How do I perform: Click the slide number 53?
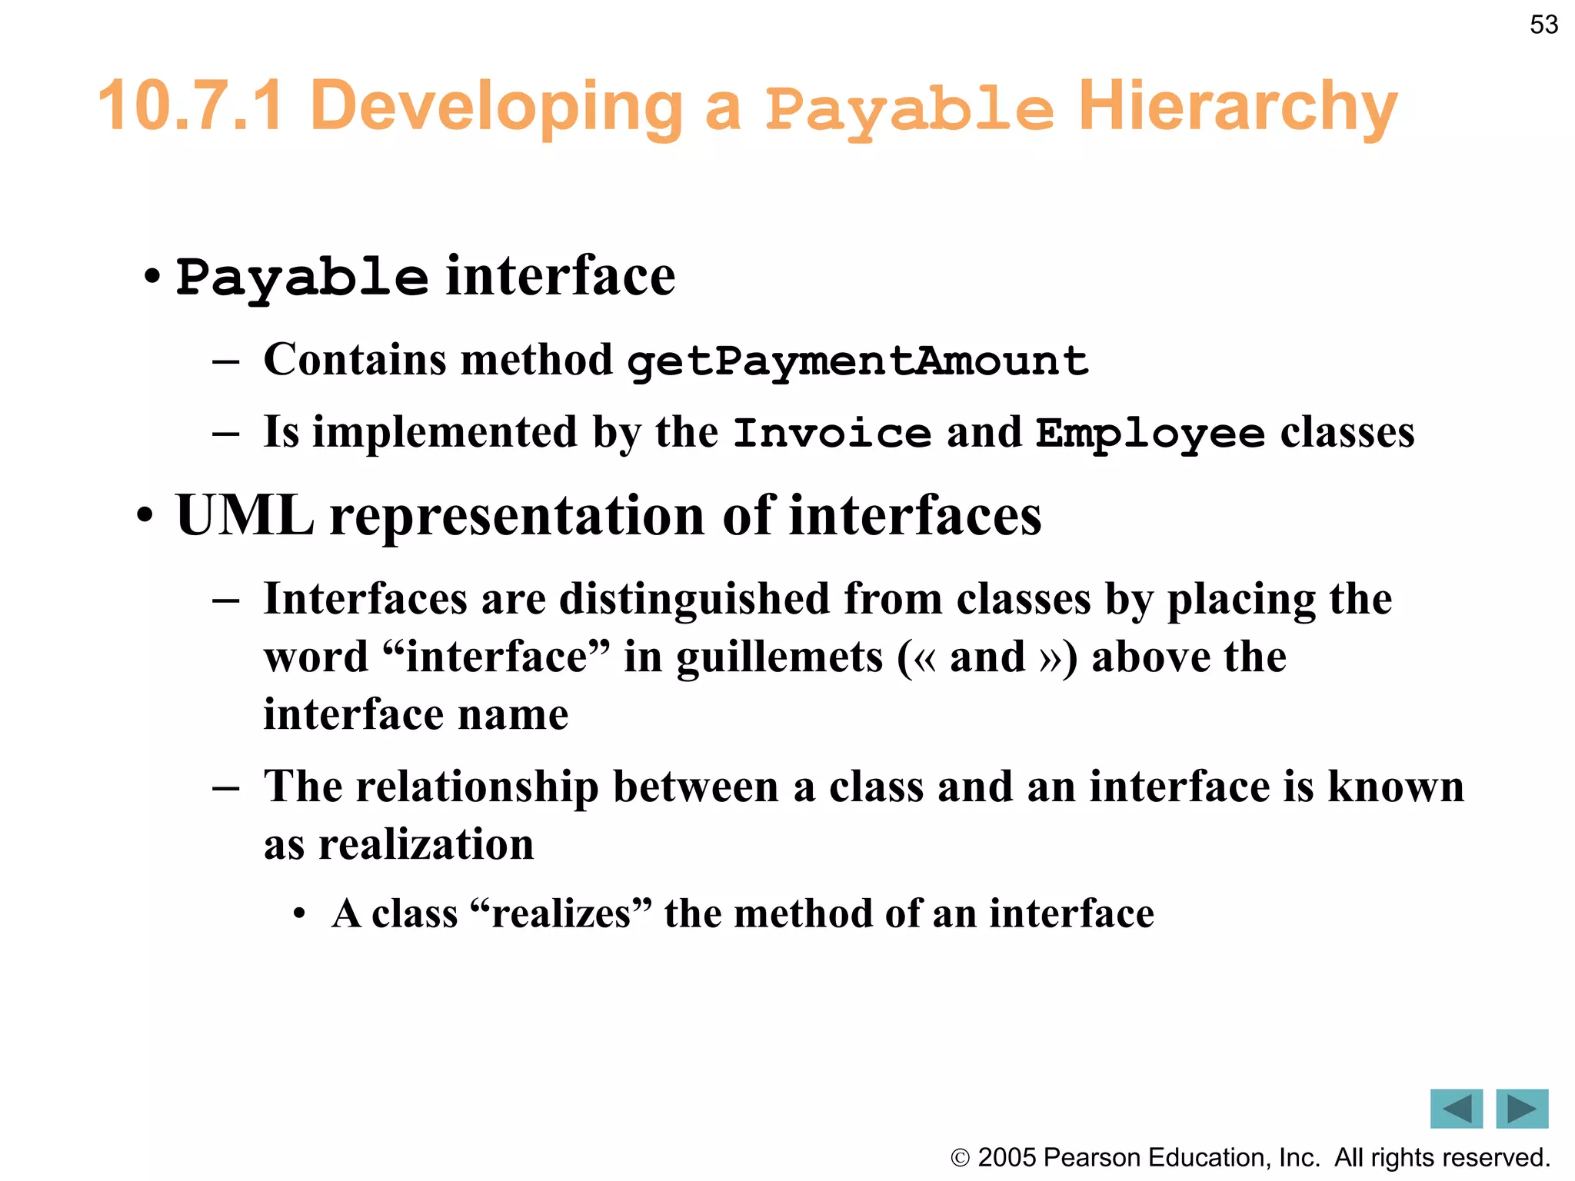1543,25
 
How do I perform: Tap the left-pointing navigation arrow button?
1456,1109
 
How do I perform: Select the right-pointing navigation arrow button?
1522,1109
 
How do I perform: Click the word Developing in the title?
498,108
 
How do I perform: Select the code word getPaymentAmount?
857,361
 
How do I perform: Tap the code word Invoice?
831,433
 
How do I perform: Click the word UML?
245,515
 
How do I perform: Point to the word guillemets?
780,658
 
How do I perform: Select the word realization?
426,844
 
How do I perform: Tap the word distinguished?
694,599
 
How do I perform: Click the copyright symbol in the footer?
960,1158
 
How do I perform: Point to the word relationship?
477,787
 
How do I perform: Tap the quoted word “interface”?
495,657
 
